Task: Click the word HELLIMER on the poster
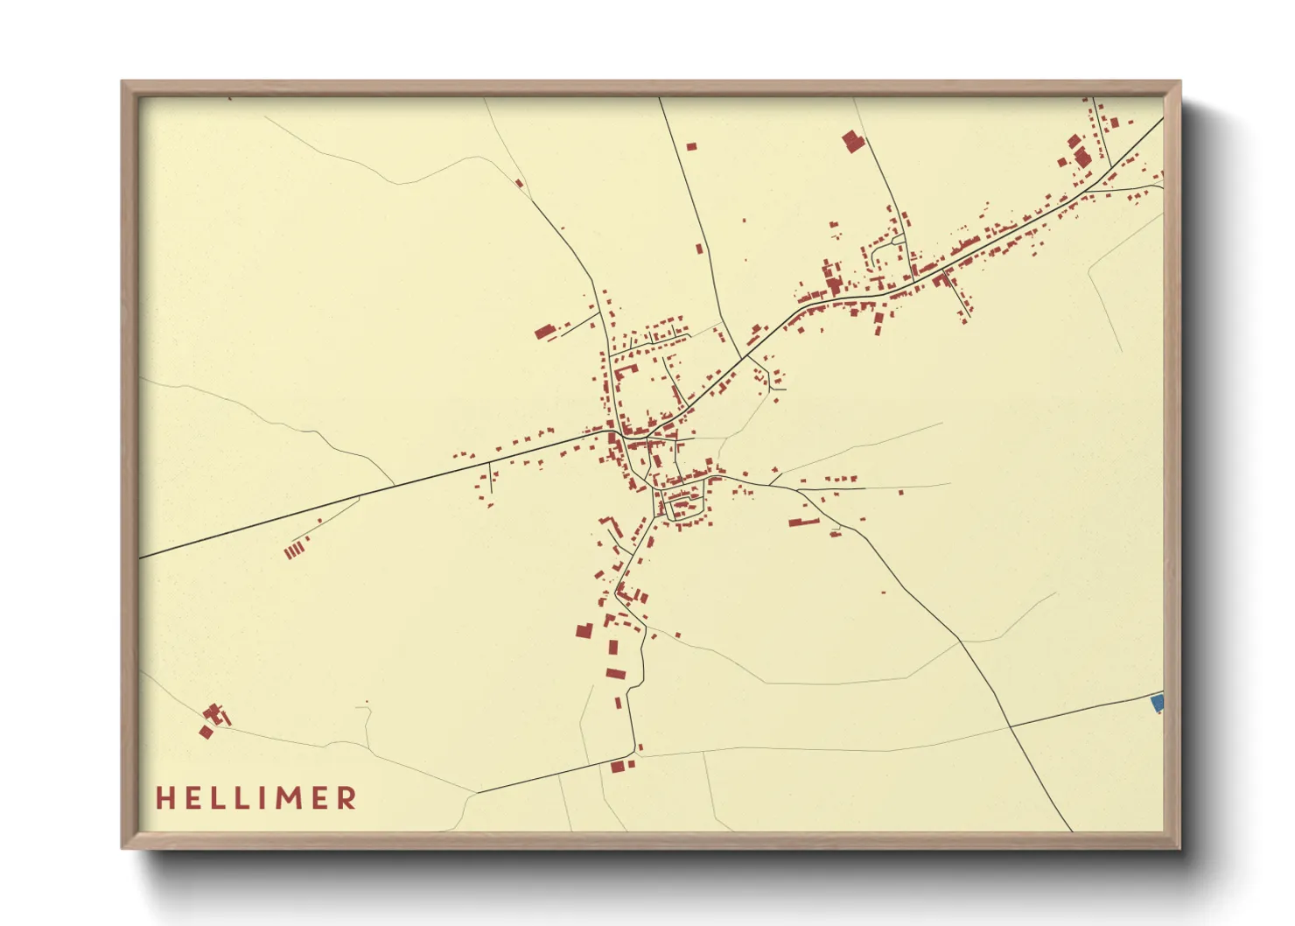coord(256,797)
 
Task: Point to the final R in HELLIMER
coord(347,797)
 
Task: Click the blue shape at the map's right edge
coord(1158,702)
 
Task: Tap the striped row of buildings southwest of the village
coord(296,550)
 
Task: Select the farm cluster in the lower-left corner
coord(213,719)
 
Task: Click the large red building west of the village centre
coord(545,332)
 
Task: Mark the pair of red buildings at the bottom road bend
coord(621,766)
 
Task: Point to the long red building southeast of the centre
coord(803,523)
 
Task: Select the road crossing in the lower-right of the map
coord(1011,726)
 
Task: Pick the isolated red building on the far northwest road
coord(519,184)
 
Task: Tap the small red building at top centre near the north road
coord(690,146)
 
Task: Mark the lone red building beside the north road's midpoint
coord(699,249)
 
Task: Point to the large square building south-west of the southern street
coord(584,630)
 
